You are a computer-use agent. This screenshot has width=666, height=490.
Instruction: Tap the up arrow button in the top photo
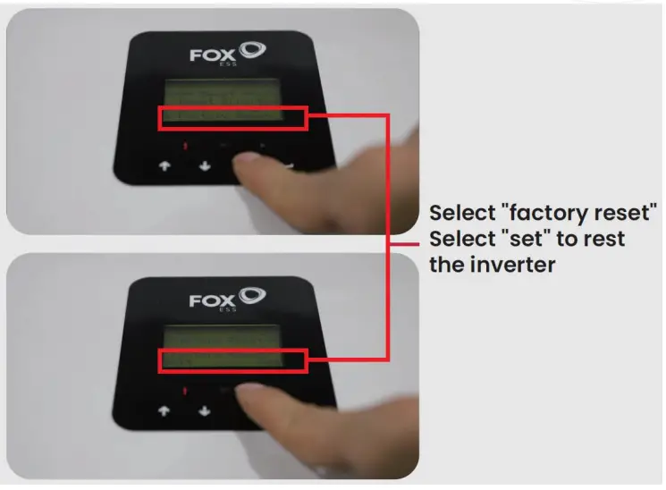coord(164,166)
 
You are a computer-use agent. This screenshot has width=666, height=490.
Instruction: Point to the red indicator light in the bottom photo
coord(183,392)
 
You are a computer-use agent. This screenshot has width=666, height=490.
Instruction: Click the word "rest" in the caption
coord(603,240)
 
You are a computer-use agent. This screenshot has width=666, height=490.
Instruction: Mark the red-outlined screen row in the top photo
coord(233,117)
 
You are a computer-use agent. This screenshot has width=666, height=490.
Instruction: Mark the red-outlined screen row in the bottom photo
coord(233,361)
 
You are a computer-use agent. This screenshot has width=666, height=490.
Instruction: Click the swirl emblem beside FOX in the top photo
coord(253,50)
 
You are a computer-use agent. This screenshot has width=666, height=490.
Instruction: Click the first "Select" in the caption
coord(460,215)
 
